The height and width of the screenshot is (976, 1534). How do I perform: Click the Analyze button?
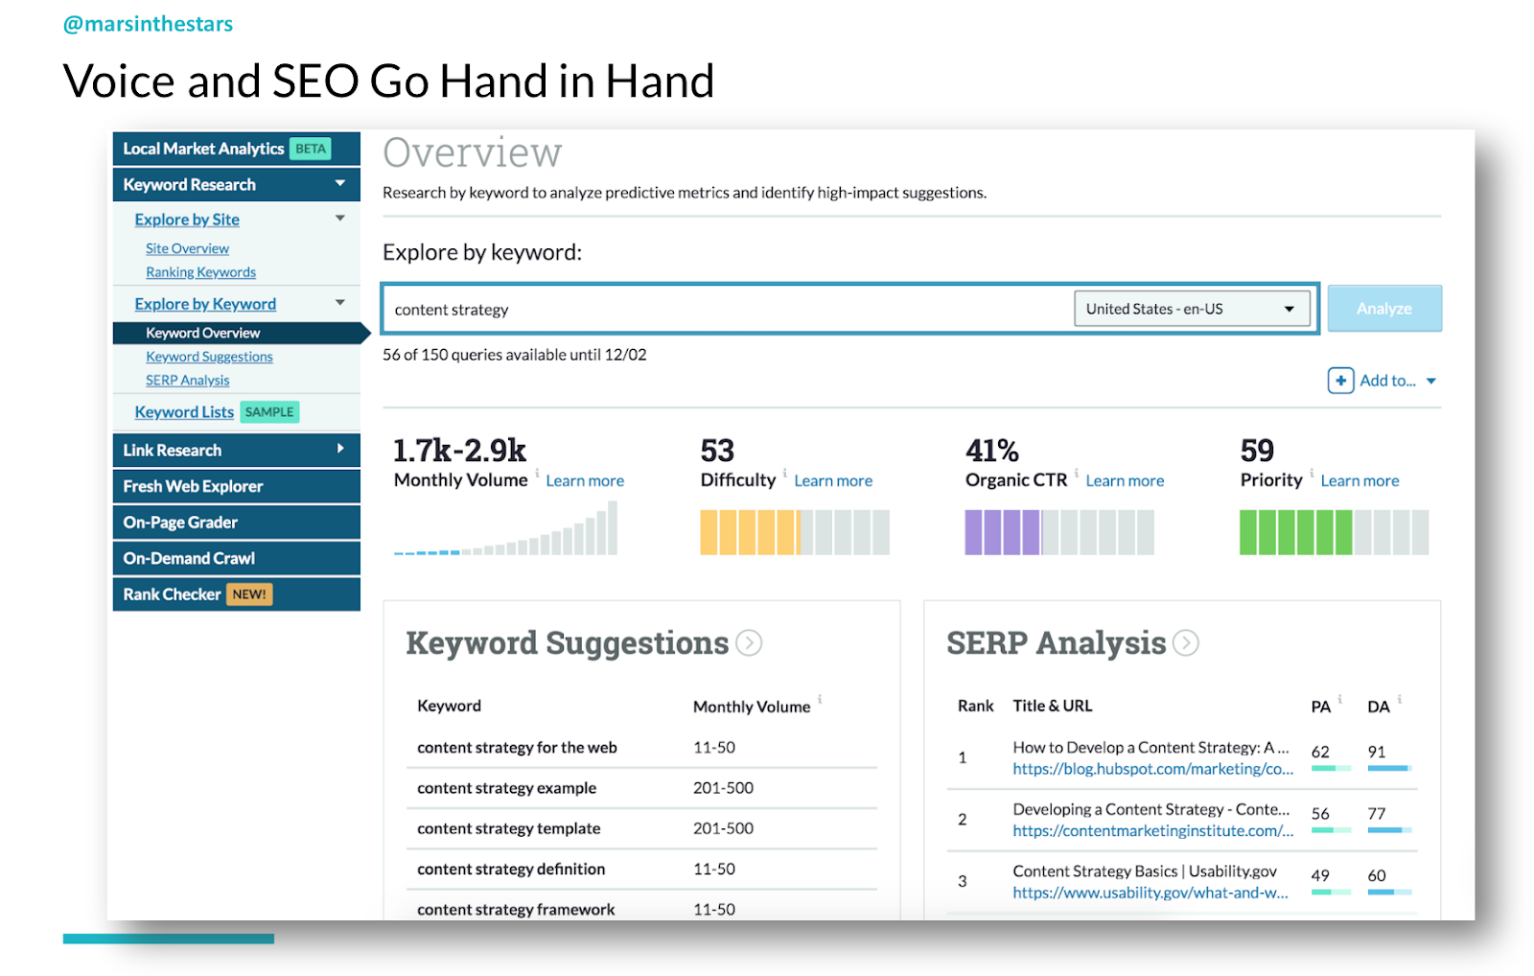[x=1383, y=309]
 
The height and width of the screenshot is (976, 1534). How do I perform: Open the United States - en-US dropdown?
[x=1191, y=309]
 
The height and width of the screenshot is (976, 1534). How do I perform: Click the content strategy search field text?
[x=452, y=310]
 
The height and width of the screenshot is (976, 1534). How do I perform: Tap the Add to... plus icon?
[x=1340, y=381]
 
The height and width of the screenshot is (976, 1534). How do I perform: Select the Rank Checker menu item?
[x=173, y=594]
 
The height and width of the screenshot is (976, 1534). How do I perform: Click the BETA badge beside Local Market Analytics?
[x=311, y=149]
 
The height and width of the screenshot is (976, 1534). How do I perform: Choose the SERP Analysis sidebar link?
[x=188, y=381]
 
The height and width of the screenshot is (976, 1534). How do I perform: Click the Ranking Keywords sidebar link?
[x=200, y=272]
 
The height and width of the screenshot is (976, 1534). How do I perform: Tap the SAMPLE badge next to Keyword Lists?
[x=269, y=412]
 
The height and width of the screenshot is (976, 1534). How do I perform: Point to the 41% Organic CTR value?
[x=992, y=451]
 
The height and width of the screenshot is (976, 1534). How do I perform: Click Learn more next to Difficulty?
[x=833, y=481]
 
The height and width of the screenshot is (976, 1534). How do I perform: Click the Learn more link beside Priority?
[x=1360, y=481]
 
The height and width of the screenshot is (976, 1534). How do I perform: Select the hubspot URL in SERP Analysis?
[x=1152, y=769]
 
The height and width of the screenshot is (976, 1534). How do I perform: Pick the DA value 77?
[x=1377, y=814]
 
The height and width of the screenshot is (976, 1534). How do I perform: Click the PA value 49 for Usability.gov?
[x=1320, y=875]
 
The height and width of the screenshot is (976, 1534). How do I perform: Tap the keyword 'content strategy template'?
[x=508, y=828]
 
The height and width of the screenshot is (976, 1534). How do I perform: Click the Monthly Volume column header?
[x=752, y=707]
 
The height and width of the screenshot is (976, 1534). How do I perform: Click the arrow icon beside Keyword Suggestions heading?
[x=749, y=643]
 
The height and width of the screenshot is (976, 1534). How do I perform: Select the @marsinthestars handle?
[x=148, y=24]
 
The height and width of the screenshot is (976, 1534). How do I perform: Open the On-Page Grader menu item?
[x=180, y=523]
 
